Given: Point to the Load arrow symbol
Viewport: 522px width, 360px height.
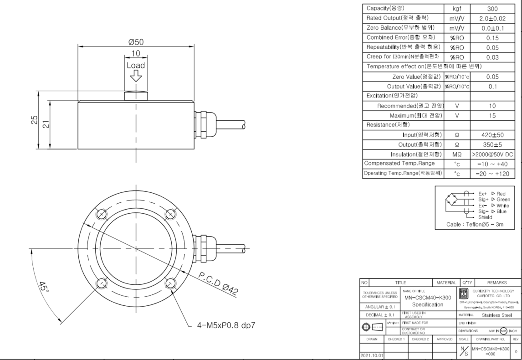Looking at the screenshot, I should coord(136,78).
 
